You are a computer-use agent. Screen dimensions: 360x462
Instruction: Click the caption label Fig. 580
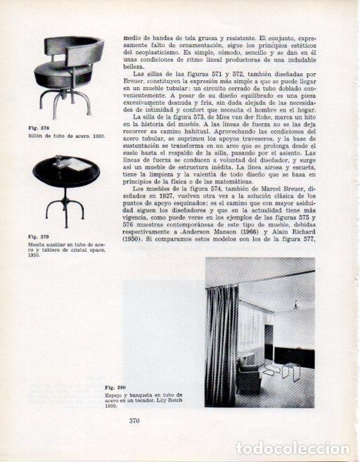115,387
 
